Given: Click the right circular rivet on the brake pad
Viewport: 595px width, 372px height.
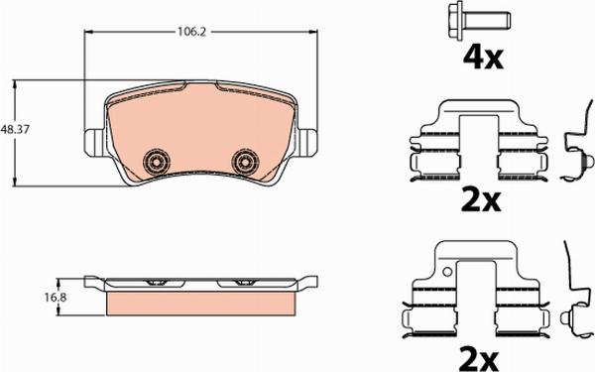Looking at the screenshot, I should (x=243, y=161).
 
